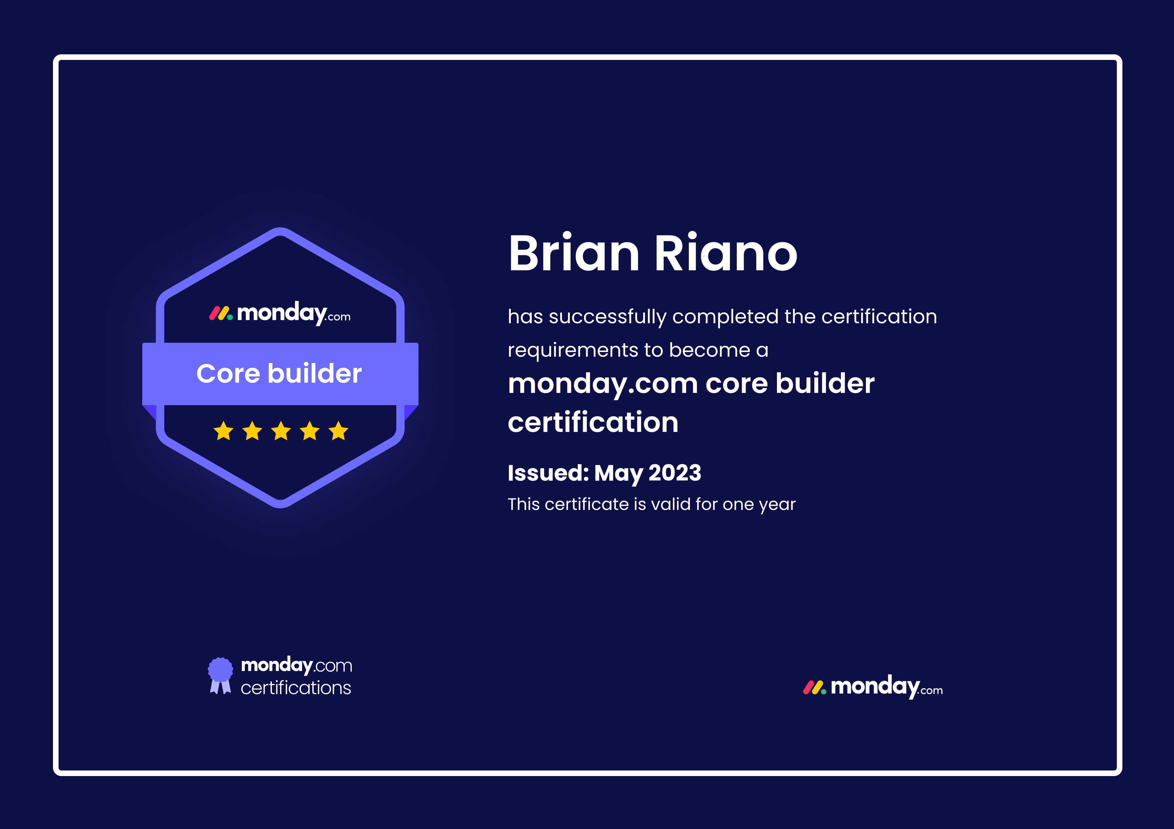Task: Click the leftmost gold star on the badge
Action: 223,431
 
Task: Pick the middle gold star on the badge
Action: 281,431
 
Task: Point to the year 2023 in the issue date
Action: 675,473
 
